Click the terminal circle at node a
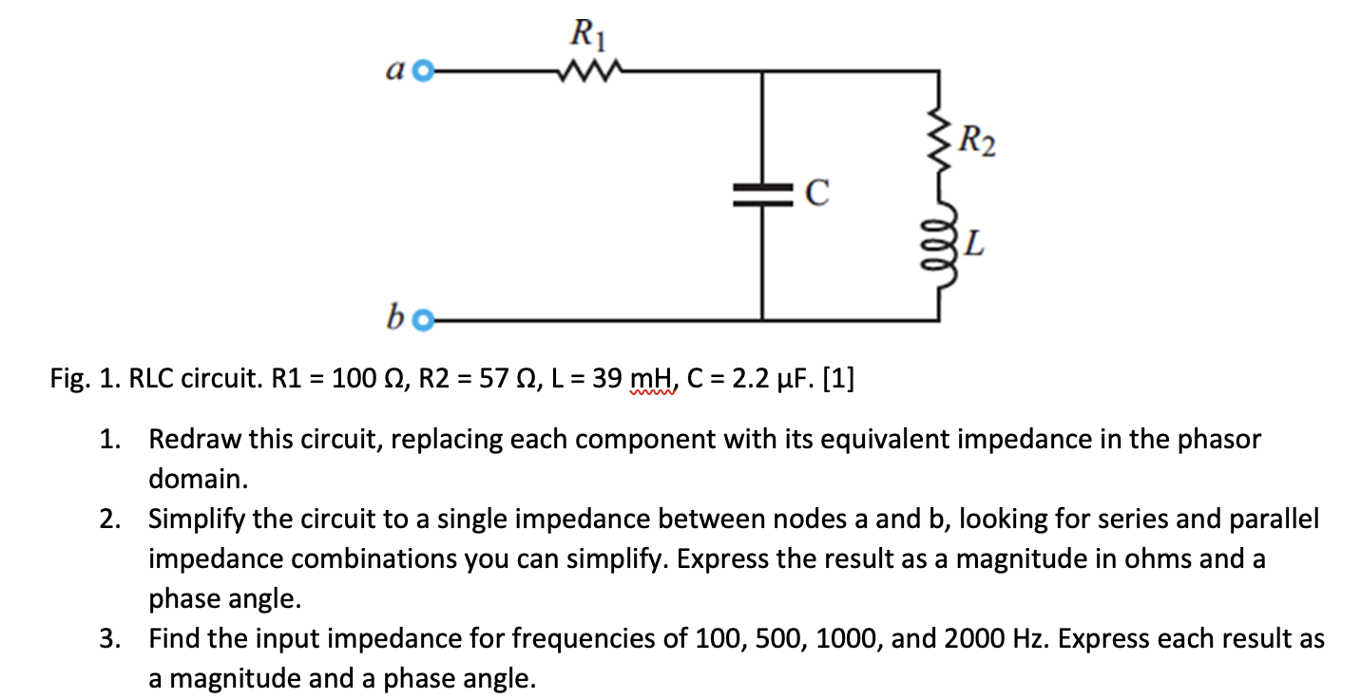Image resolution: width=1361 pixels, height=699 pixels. [425, 70]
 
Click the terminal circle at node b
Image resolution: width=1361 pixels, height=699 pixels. [424, 321]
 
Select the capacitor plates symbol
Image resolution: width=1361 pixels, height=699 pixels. [760, 196]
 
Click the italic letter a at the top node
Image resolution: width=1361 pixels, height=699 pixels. [397, 71]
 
